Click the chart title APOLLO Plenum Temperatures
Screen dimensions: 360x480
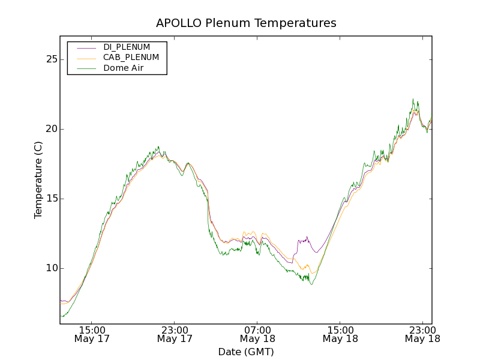[246, 23]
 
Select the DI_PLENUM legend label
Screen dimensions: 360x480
[127, 47]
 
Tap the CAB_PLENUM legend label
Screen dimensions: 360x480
[131, 58]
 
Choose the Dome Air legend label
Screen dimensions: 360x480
[123, 68]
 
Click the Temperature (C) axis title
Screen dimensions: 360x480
[38, 179]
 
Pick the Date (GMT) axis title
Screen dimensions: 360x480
[246, 352]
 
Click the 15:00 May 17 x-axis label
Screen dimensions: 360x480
[92, 334]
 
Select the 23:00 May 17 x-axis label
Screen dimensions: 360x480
[175, 334]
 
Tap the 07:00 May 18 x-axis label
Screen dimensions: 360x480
[257, 334]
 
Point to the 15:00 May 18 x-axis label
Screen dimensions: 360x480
[340, 334]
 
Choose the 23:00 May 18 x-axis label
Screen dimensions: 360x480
[422, 334]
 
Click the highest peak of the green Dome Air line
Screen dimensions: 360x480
[413, 99]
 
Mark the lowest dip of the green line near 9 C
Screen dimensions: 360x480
[311, 284]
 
